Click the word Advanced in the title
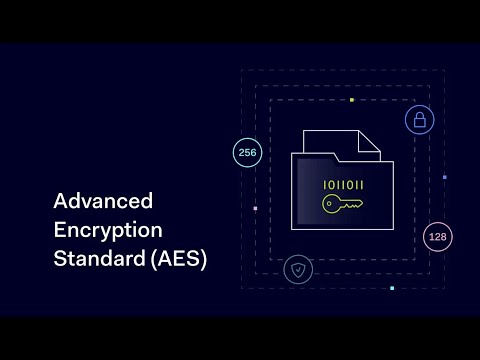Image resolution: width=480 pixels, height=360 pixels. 103,202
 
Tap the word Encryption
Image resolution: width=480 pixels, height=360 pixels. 107,231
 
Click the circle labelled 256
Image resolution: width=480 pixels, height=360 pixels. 246,153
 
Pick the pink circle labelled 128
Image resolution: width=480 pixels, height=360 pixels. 437,237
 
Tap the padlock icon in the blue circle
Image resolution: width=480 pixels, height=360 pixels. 419,121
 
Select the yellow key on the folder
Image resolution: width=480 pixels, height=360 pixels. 343,205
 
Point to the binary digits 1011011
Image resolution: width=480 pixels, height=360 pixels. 343,185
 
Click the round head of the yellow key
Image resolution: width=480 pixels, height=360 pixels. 331,205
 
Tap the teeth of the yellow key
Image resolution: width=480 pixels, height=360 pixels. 356,206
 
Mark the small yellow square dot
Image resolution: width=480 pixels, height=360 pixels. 351,100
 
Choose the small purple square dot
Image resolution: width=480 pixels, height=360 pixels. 444,177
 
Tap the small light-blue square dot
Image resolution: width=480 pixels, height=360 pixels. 392,288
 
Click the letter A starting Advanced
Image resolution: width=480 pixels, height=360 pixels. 60,202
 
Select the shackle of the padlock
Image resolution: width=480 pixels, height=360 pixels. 419,115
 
